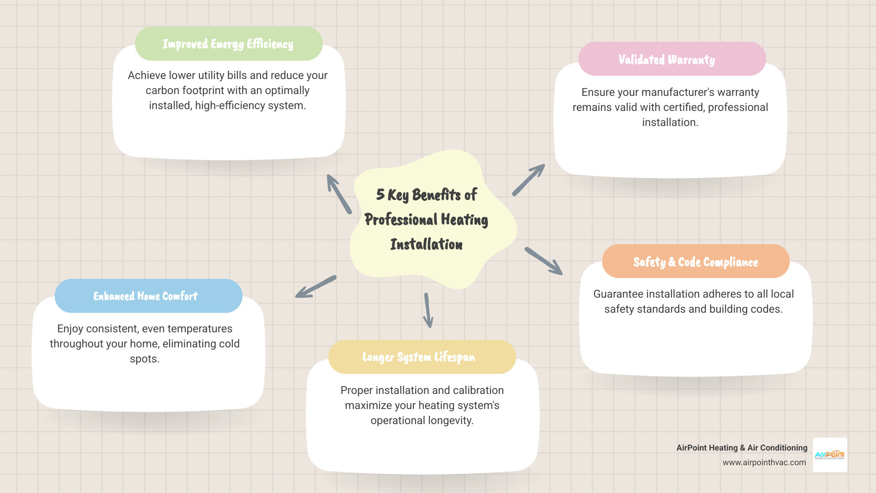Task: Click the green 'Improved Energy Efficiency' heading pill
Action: [228, 44]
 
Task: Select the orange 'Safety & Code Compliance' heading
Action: [695, 262]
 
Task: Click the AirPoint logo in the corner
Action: [830, 455]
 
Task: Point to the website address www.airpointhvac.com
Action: [764, 462]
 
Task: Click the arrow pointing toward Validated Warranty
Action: [528, 180]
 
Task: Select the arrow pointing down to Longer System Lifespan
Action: [428, 310]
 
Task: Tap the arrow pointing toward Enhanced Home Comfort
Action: [316, 287]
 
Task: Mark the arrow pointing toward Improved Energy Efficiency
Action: [339, 194]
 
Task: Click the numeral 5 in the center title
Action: [380, 194]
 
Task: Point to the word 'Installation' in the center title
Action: [426, 244]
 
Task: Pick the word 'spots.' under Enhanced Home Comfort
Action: [145, 359]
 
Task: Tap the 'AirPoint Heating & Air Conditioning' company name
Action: [741, 448]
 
